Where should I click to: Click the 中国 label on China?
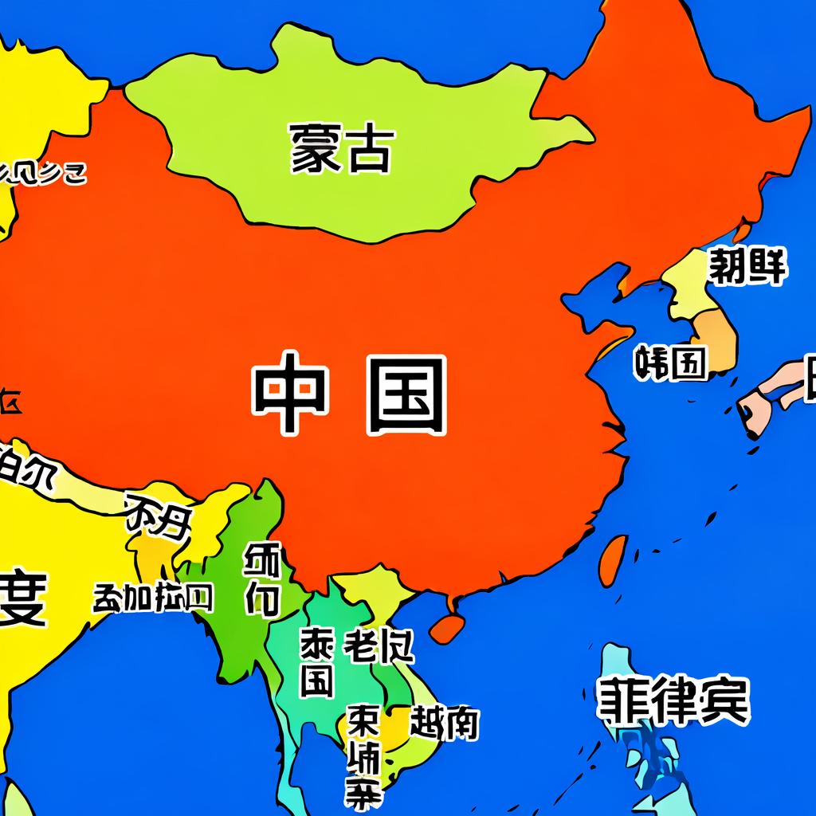coord(349,395)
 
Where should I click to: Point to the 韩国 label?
coord(670,363)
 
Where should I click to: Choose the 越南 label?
coord(444,723)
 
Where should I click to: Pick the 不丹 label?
coord(159,522)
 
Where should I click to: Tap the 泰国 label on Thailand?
coord(316,661)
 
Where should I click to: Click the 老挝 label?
coord(379,646)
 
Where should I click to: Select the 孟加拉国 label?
coord(153,597)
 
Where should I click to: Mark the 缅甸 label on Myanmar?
coord(262,579)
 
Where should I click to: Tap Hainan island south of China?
coord(446,626)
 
